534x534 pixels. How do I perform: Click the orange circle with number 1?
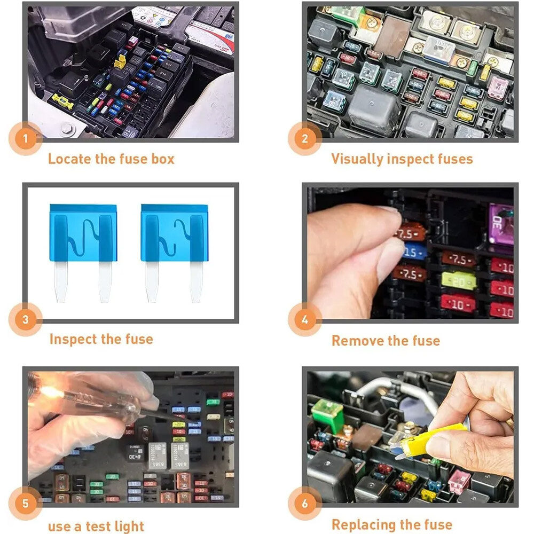click(25, 140)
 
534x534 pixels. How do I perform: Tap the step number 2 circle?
click(305, 139)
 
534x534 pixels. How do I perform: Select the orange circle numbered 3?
click(25, 320)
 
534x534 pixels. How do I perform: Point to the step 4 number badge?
click(305, 320)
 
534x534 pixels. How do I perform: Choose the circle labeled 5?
click(25, 504)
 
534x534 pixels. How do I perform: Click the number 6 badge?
click(305, 504)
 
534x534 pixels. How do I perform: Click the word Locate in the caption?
click(66, 159)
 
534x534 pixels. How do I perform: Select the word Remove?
click(355, 340)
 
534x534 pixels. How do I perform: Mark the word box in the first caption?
click(160, 159)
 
